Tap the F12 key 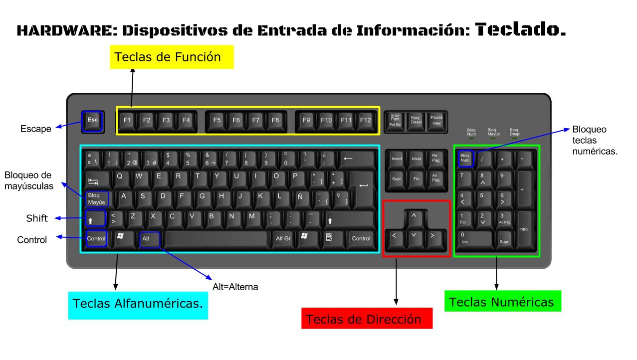coord(366,120)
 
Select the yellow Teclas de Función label coord(168,58)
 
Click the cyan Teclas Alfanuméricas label coord(138,304)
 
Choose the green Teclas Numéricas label coord(502,302)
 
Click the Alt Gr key coord(283,238)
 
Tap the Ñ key coord(300,197)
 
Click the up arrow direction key coord(413,216)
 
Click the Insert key coord(397,159)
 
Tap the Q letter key coord(120,177)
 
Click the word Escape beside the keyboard coord(35,129)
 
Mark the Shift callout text coord(36,218)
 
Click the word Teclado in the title coord(520,30)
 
